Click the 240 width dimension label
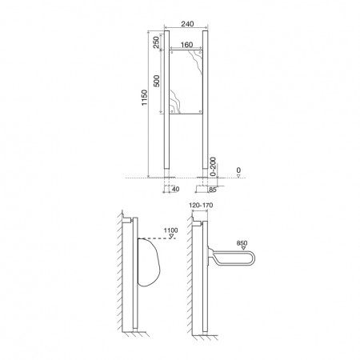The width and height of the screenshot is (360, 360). point(187,24)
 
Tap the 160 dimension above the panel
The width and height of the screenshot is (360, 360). point(186,45)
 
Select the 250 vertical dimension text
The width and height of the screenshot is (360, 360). point(156,42)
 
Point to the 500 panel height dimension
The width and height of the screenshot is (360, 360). point(157,81)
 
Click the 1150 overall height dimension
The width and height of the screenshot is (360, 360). point(144,98)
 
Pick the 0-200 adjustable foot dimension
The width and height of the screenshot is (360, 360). point(213,166)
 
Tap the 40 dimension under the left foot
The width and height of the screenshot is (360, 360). point(175,189)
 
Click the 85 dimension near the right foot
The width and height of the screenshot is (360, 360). point(213,190)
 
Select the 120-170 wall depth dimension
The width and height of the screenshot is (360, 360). point(201,206)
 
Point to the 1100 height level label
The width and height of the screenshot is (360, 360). point(170,230)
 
